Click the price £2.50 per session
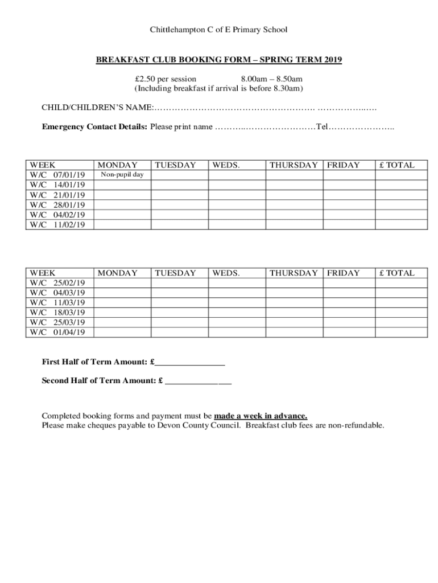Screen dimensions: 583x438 pos(166,79)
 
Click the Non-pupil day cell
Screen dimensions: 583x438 pos(122,175)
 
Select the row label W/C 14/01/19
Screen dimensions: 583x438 pos(58,184)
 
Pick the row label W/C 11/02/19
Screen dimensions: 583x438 pos(58,224)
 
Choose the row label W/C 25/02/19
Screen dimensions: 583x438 pos(58,283)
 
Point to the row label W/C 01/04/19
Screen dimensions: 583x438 pos(58,332)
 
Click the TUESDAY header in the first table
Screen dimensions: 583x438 pos(175,165)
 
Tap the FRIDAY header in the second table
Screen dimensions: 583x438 pos(343,273)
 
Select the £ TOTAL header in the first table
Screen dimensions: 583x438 pos(397,165)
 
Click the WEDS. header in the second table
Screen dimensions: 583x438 pos(226,273)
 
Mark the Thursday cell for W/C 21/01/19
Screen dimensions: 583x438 pos(294,195)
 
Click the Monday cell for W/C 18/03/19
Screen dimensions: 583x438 pos(122,313)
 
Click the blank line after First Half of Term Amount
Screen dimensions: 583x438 pos(190,363)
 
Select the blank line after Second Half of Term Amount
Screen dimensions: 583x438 pos(198,381)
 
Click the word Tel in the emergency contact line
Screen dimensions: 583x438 pos(322,126)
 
